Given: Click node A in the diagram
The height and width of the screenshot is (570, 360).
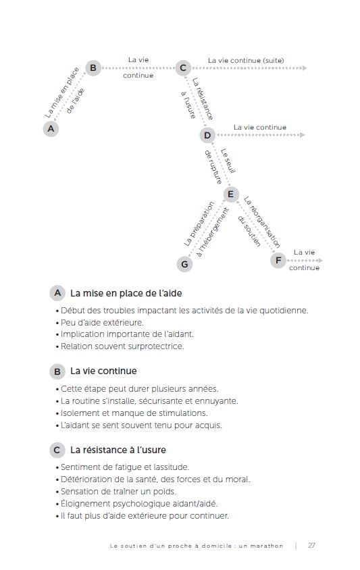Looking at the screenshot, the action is [x=51, y=128].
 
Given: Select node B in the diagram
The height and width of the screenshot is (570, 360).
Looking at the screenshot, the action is [x=93, y=68].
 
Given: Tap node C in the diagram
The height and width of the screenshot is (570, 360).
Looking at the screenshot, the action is [x=182, y=68].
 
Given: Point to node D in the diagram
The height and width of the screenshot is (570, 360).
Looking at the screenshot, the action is [x=207, y=135].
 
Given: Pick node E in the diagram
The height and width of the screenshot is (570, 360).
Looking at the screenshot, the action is [x=231, y=195].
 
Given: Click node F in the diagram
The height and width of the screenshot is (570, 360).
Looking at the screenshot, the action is [x=278, y=260].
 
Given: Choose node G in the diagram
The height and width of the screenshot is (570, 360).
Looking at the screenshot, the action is [x=185, y=264].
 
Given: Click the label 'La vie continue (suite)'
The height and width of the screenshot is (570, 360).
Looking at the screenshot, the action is [x=246, y=60].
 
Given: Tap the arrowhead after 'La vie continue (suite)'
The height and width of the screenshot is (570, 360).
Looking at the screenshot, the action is [x=305, y=68].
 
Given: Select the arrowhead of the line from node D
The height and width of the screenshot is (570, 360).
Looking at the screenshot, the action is [x=303, y=135].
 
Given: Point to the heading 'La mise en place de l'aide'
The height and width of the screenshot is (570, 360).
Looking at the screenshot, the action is [x=126, y=293].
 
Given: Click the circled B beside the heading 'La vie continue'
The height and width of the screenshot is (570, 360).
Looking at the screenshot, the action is [x=57, y=371].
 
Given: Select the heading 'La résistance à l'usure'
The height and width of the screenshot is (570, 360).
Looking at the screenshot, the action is [x=118, y=450].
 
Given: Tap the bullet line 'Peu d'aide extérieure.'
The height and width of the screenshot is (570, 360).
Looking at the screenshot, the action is [x=102, y=322].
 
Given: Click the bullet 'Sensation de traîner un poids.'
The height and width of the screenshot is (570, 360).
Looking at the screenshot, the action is [x=118, y=492].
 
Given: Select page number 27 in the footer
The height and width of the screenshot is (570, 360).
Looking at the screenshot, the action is [x=312, y=546].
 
